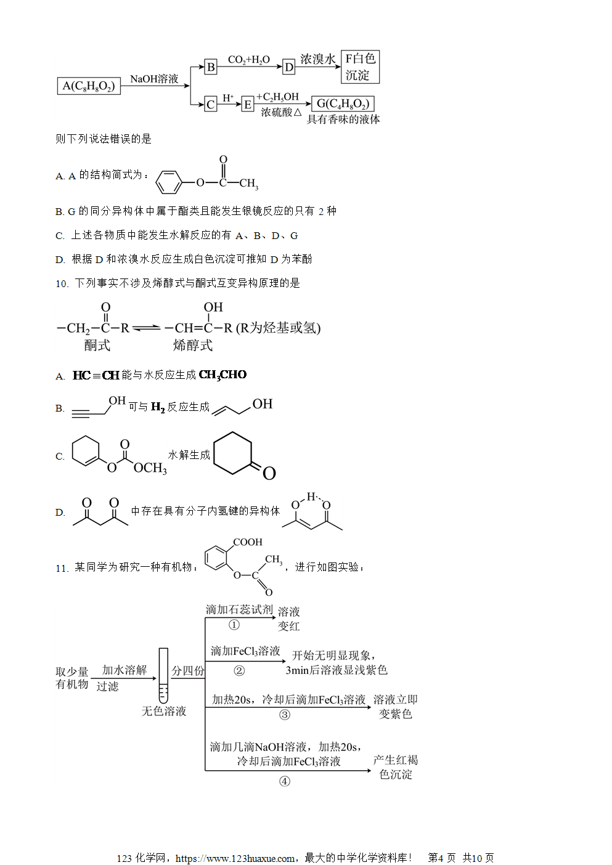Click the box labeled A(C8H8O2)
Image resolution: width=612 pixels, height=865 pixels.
(x=89, y=86)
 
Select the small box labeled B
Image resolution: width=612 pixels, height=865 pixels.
(x=211, y=67)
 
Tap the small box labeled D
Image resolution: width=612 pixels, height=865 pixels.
(x=288, y=67)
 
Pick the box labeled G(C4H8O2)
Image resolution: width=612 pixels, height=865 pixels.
(x=343, y=104)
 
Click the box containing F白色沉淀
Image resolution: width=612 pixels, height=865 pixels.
(x=360, y=67)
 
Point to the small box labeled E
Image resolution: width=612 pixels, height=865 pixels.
(x=248, y=104)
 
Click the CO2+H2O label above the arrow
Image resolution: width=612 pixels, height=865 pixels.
(x=249, y=60)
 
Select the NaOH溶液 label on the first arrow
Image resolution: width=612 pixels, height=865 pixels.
(x=154, y=79)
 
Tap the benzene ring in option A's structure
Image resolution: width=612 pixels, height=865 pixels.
(x=168, y=182)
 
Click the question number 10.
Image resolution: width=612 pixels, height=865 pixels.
(x=62, y=284)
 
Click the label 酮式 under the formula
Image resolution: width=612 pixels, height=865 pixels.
(x=97, y=345)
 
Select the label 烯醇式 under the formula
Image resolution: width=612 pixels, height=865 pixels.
(x=193, y=345)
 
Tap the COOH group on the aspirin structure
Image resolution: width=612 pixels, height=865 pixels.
(x=248, y=542)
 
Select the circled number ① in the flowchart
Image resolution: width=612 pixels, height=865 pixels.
(x=234, y=625)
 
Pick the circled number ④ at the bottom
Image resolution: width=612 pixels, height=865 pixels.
(x=284, y=782)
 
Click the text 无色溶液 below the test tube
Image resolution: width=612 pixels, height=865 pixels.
(x=164, y=712)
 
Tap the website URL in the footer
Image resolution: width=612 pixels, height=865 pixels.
(x=235, y=858)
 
